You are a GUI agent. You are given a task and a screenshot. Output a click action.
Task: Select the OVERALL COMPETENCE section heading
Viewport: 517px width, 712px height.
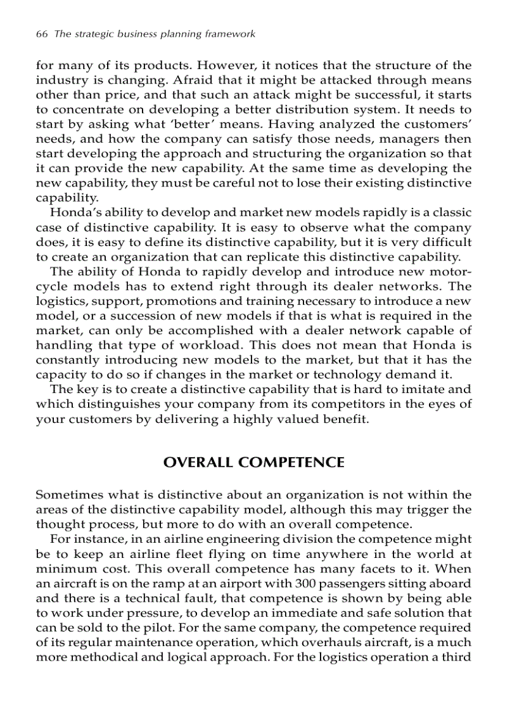tap(253, 462)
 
